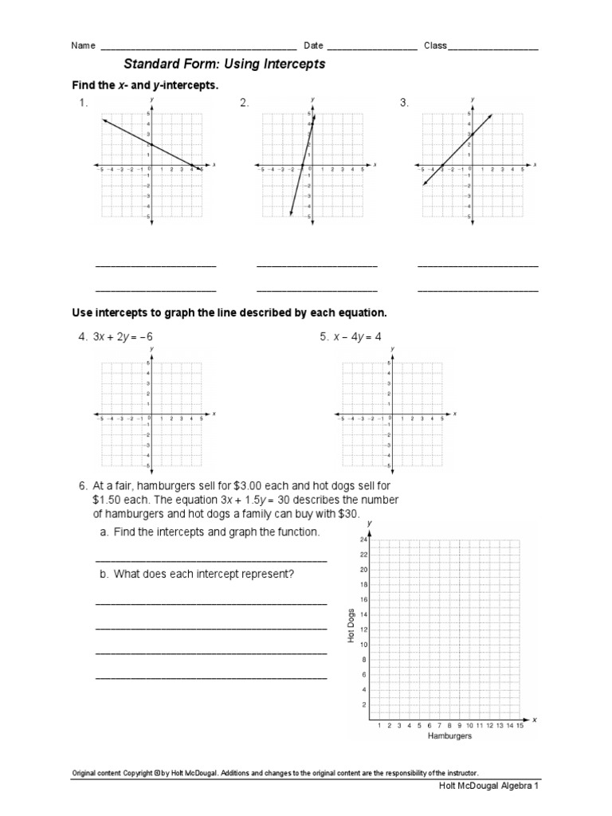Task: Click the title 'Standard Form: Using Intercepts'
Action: [x=224, y=64]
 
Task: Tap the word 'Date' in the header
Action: [x=312, y=46]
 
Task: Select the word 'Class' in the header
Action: [x=435, y=46]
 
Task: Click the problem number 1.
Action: [x=82, y=103]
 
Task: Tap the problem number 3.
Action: [x=404, y=103]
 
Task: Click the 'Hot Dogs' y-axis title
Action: [x=350, y=626]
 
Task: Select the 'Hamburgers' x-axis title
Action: [x=449, y=736]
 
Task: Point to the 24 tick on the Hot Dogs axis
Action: [x=363, y=539]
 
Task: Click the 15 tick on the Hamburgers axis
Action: [x=520, y=725]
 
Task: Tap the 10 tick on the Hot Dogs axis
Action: [x=363, y=645]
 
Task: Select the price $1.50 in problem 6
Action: [x=109, y=500]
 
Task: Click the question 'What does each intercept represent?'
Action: [x=204, y=573]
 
